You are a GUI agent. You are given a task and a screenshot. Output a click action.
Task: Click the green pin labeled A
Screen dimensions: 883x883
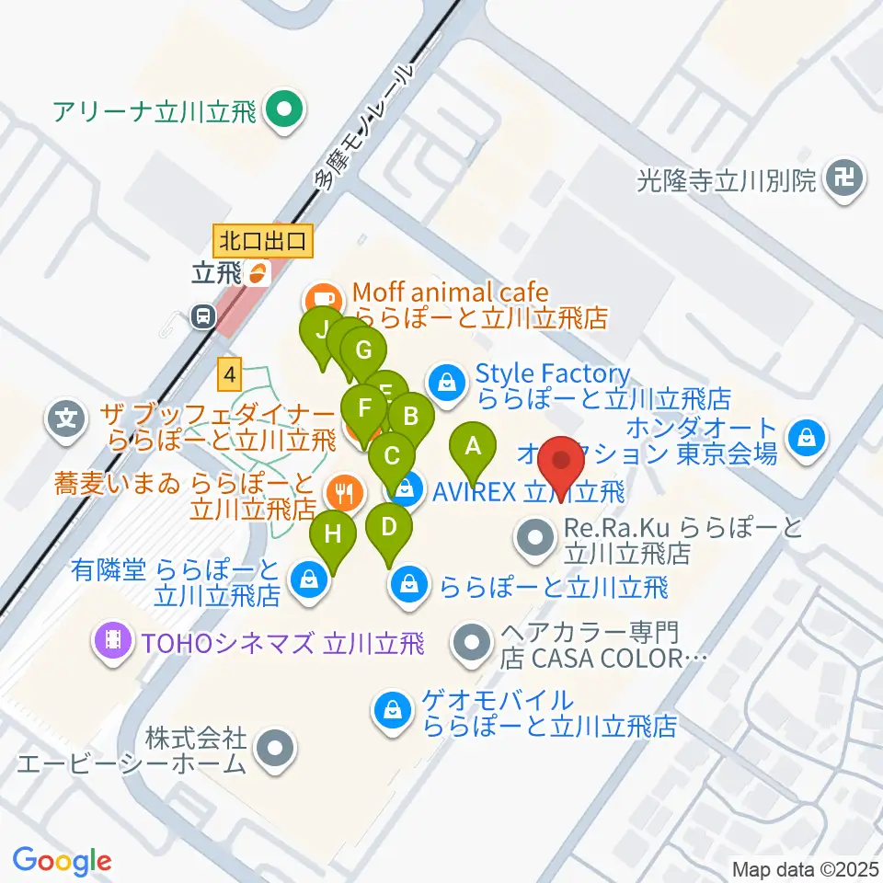tap(473, 448)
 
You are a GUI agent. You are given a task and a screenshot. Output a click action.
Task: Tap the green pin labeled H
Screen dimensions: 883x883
tap(333, 534)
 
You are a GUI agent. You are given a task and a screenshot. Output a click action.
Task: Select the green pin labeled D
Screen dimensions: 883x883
tap(389, 528)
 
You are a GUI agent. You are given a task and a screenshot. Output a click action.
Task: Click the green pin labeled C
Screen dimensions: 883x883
tap(392, 455)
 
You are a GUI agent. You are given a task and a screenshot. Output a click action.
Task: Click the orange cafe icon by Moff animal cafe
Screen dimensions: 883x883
tap(321, 298)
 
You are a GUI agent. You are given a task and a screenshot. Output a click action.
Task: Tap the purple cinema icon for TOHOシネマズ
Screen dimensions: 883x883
tap(114, 636)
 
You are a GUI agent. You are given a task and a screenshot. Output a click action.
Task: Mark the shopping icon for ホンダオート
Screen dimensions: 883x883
tap(807, 436)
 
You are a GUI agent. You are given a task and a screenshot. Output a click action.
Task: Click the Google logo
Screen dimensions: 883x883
tap(63, 861)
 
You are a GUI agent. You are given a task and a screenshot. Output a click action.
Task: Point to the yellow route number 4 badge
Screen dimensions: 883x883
tap(230, 374)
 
